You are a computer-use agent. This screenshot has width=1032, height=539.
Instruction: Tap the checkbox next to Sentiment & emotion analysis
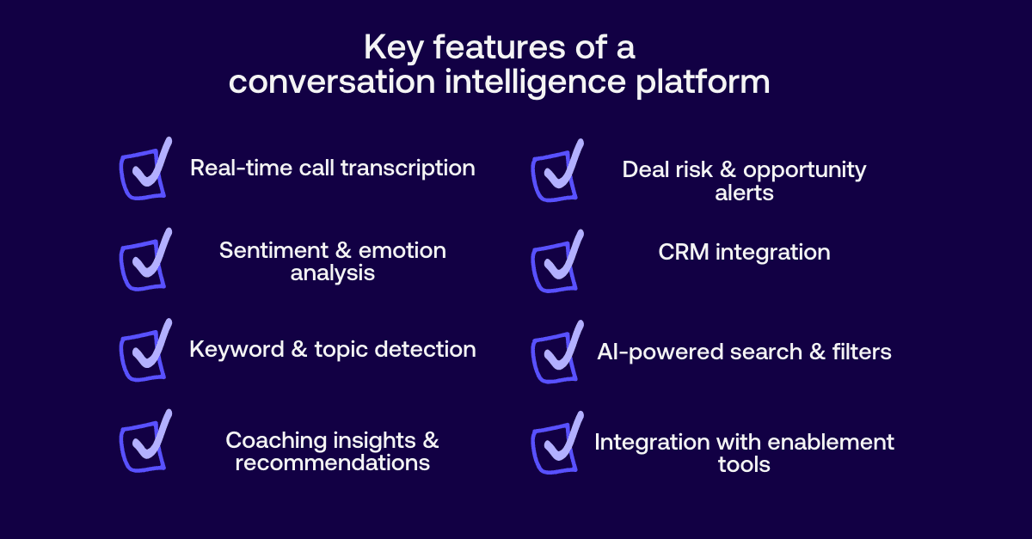[143, 264]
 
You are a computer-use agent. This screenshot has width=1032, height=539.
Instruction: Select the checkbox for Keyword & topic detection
[143, 355]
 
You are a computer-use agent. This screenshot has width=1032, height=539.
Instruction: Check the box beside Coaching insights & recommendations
[143, 446]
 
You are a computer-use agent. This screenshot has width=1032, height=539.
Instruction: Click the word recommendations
[332, 462]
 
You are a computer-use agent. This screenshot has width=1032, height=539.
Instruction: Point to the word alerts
[744, 193]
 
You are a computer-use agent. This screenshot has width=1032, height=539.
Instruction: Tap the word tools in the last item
[744, 465]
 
